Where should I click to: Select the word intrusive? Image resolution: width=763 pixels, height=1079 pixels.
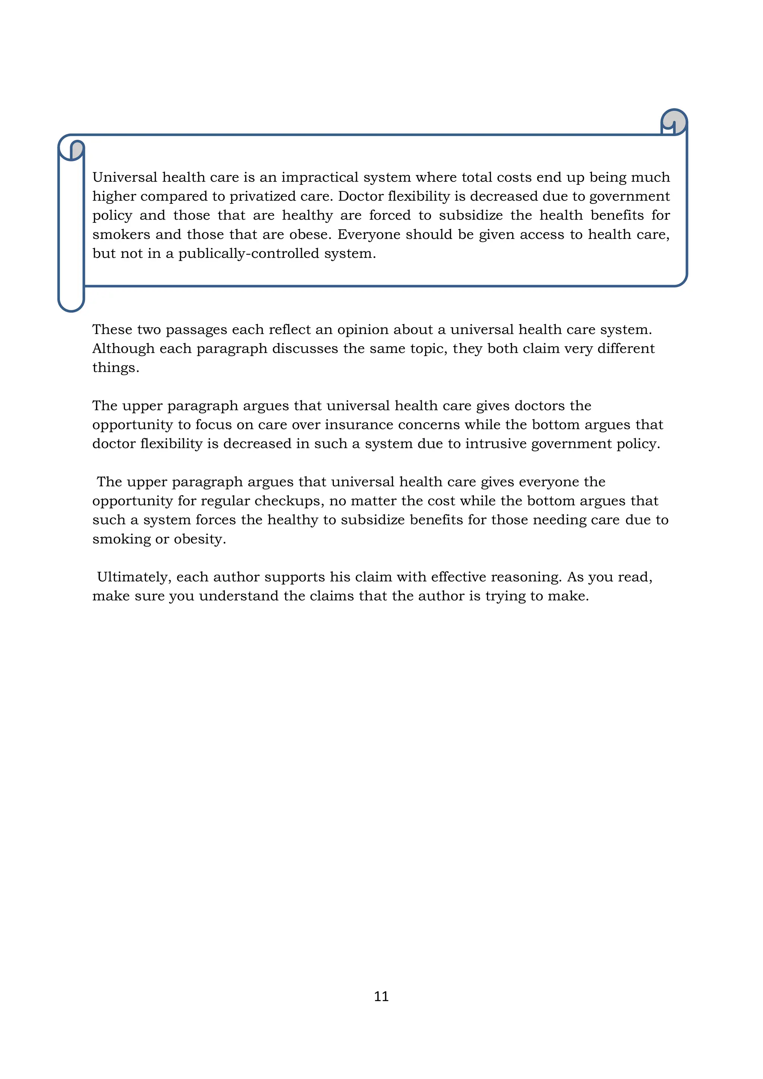pos(496,444)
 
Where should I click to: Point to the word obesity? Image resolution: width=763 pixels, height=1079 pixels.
pos(200,539)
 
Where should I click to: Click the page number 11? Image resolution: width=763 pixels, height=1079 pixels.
pos(381,996)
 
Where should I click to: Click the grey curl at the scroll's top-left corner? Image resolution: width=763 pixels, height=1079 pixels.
pos(77,149)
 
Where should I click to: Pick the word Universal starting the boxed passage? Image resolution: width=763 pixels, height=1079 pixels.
pos(124,178)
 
